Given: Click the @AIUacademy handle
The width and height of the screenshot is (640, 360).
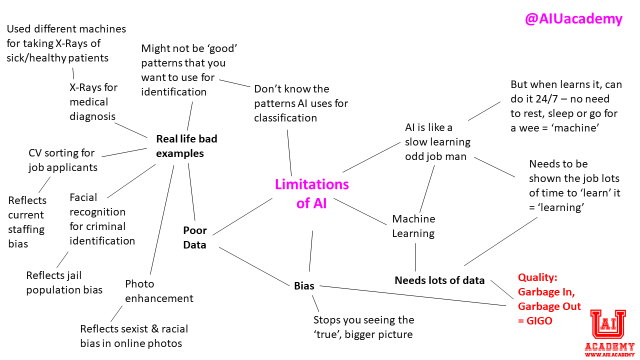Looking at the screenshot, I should tap(573, 19).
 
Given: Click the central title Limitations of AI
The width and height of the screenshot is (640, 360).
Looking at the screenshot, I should tap(311, 193).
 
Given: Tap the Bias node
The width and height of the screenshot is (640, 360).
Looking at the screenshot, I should tap(304, 286).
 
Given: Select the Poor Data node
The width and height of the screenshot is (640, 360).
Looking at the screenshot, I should tap(194, 237).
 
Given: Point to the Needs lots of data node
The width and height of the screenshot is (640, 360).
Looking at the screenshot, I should tap(439, 280).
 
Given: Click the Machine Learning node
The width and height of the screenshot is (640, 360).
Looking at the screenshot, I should tap(413, 226).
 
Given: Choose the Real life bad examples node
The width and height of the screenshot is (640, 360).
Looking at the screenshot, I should tap(186, 146).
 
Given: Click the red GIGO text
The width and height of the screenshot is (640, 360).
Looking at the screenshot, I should tap(540, 321).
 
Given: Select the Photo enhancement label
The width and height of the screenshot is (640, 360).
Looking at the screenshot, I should tap(159, 291).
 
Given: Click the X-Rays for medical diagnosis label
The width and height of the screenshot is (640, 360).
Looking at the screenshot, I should tap(93, 102).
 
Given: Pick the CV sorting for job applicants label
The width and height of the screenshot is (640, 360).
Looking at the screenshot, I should tap(62, 160).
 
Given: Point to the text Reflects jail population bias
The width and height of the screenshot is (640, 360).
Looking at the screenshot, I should tap(64, 282).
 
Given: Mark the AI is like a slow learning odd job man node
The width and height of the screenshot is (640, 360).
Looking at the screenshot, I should tap(437, 142).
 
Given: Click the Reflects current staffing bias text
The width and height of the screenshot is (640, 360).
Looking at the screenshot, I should tap(27, 222).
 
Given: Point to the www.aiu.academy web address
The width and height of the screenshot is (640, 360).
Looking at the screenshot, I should tap(609, 355).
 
